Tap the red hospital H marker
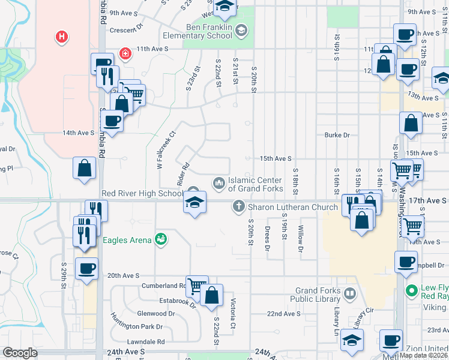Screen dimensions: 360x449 click(x=61, y=37)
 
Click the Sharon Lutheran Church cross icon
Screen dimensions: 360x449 click(x=238, y=208)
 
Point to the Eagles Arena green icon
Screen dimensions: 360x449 click(x=160, y=239)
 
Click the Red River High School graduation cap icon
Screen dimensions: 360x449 click(x=194, y=202)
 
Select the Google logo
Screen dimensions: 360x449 click(x=20, y=353)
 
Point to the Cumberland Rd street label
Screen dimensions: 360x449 click(x=163, y=286)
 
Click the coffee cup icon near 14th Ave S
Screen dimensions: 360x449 click(x=112, y=121)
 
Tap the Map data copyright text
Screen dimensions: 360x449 click(x=423, y=355)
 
